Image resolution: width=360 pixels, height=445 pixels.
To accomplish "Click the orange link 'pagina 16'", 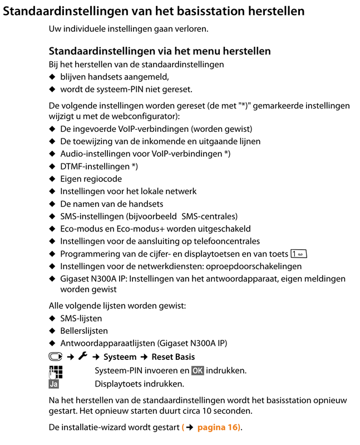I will coord(215,427).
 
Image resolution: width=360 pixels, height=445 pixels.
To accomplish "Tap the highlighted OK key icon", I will coord(197,370).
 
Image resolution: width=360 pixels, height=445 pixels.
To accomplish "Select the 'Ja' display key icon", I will coord(54,384).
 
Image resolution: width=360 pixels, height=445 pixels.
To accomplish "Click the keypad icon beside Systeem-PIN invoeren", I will coord(55,370).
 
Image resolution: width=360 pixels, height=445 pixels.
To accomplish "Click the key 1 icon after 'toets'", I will coord(298,254).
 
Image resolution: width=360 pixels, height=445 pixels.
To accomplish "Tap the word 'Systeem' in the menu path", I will coord(120,357).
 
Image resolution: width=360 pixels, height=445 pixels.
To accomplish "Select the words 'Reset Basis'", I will coord(173,357).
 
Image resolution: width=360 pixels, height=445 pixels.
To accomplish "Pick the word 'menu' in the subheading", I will coord(203,51).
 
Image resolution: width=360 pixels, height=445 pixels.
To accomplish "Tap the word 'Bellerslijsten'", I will coord(84,331).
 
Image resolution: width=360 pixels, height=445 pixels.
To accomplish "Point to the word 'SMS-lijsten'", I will coord(81,319).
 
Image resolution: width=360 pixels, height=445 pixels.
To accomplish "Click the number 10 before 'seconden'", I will coord(211,411).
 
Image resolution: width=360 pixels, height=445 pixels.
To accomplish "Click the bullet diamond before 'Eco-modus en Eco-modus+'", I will coord(52,229).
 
